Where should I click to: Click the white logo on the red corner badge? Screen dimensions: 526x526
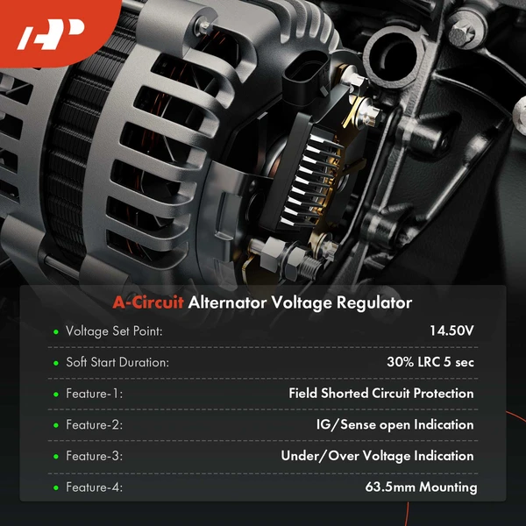pyautogui.click(x=50, y=34)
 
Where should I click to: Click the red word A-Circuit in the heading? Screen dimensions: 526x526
pyautogui.click(x=148, y=302)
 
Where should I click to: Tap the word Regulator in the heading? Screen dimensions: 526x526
pyautogui.click(x=374, y=303)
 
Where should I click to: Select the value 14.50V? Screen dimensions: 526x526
pyautogui.click(x=451, y=331)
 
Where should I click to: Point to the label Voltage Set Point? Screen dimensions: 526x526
pyautogui.click(x=114, y=331)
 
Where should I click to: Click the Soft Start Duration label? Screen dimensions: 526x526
pyautogui.click(x=117, y=362)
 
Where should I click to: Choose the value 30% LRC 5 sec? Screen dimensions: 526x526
pyautogui.click(x=430, y=362)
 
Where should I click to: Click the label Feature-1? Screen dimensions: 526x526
pyautogui.click(x=95, y=394)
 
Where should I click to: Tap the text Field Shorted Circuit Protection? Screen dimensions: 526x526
pyautogui.click(x=381, y=393)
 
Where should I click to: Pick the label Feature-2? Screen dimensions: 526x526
pyautogui.click(x=95, y=424)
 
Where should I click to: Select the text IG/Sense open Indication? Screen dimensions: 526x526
pyautogui.click(x=394, y=425)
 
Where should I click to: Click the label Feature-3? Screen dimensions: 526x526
pyautogui.click(x=95, y=456)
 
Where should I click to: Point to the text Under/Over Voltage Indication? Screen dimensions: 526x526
pyautogui.click(x=377, y=456)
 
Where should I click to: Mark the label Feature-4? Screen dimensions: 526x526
pyautogui.click(x=95, y=487)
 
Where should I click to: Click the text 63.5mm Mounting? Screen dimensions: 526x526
pyautogui.click(x=421, y=487)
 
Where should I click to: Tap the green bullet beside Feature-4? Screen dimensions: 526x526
pyautogui.click(x=56, y=487)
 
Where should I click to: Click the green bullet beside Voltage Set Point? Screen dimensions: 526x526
pyautogui.click(x=56, y=332)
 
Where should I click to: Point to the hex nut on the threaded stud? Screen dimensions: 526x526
pyautogui.click(x=274, y=256)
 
